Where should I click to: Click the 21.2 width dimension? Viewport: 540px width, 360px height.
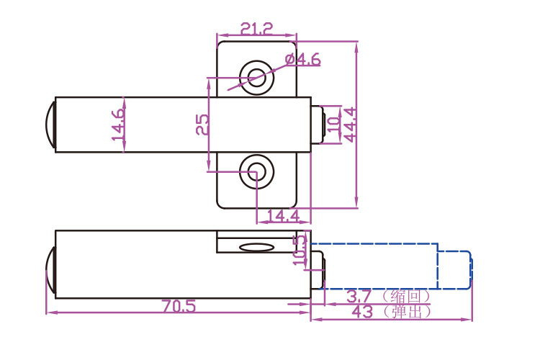tap(257, 29)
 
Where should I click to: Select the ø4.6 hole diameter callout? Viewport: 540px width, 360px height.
tap(302, 60)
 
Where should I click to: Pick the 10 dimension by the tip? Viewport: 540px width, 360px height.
tap(333, 124)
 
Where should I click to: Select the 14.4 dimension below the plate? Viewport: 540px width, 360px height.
tap(283, 215)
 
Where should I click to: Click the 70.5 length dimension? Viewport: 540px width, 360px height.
tap(179, 306)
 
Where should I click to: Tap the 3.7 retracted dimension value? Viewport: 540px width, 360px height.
tap(358, 296)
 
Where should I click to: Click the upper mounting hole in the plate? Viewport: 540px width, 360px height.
tap(255, 74)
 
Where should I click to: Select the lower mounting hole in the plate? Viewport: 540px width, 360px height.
tap(256, 171)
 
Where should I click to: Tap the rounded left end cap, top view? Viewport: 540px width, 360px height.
tap(50, 124)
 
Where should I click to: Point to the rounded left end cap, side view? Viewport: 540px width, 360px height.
tap(50, 269)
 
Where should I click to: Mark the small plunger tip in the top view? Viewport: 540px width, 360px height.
tap(318, 124)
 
